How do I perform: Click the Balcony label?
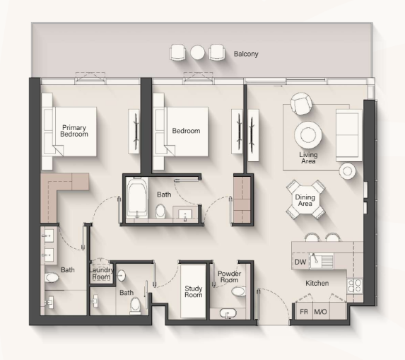pyautogui.click(x=246, y=54)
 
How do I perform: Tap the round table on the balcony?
pyautogui.click(x=198, y=52)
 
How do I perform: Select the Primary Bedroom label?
pyautogui.click(x=74, y=131)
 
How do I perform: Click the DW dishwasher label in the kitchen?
pyautogui.click(x=300, y=262)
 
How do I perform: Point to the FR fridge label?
pyautogui.click(x=304, y=312)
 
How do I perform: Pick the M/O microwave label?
pyautogui.click(x=320, y=312)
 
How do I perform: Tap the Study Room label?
pyautogui.click(x=194, y=291)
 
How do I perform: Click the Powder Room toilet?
pyautogui.click(x=238, y=291)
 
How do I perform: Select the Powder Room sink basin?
pyautogui.click(x=228, y=313)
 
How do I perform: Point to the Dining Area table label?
pyautogui.click(x=305, y=200)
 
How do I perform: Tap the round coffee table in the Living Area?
pyautogui.click(x=308, y=135)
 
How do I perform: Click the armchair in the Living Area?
pyautogui.click(x=301, y=104)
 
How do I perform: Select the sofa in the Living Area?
pyautogui.click(x=348, y=135)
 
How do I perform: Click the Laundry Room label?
pyautogui.click(x=101, y=274)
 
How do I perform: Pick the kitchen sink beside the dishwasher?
pyautogui.click(x=322, y=261)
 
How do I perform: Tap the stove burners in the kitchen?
pyautogui.click(x=355, y=286)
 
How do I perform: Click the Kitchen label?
pyautogui.click(x=317, y=283)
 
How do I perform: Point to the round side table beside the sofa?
pyautogui.click(x=348, y=171)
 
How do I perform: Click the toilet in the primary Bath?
pyautogui.click(x=52, y=278)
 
